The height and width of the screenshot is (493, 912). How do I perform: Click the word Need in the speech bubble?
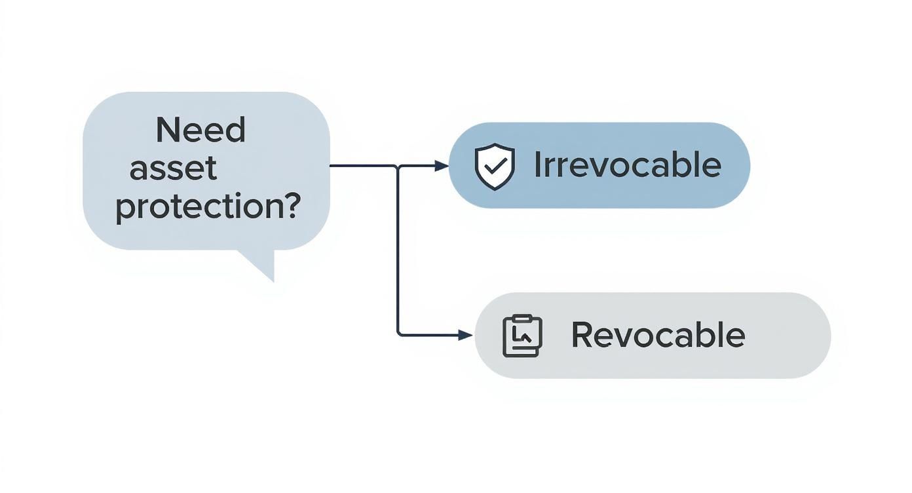click(200, 130)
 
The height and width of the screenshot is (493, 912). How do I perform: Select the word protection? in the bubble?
click(208, 207)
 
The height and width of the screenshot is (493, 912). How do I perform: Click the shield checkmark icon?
click(495, 167)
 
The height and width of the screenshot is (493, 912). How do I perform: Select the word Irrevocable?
click(627, 165)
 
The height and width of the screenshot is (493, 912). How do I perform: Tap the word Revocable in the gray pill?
click(658, 335)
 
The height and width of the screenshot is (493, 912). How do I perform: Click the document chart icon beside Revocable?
click(522, 336)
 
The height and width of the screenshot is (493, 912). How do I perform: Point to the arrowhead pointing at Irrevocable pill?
click(442, 166)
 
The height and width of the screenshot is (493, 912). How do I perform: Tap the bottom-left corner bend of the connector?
click(399, 334)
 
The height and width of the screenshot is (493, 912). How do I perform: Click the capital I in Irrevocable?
click(538, 165)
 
